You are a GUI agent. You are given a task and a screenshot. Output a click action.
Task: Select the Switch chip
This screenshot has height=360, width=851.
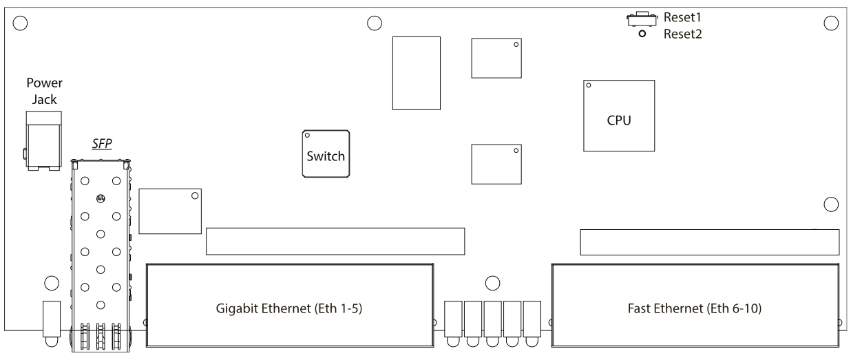tap(326, 153)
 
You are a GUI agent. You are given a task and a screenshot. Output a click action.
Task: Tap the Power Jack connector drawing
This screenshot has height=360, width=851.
tap(43, 140)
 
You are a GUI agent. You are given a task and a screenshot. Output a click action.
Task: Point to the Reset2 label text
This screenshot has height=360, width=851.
tap(682, 34)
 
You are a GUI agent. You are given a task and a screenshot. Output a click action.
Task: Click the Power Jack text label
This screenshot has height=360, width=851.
tap(44, 91)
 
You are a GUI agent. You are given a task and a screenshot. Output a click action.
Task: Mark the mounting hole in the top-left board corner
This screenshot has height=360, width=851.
tap(21, 23)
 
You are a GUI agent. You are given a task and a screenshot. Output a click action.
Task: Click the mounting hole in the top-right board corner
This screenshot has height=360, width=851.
tap(830, 23)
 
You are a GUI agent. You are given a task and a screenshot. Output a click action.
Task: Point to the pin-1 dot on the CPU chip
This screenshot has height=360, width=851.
tap(589, 86)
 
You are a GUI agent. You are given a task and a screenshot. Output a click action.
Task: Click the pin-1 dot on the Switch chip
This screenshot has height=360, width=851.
tap(307, 136)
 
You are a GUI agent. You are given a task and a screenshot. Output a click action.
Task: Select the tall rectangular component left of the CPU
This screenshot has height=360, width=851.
tap(417, 72)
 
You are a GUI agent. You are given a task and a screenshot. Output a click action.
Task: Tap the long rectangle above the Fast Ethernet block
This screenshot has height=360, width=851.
tap(709, 242)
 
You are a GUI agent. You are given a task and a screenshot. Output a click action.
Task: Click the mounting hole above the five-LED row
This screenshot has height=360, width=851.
tap(492, 282)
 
